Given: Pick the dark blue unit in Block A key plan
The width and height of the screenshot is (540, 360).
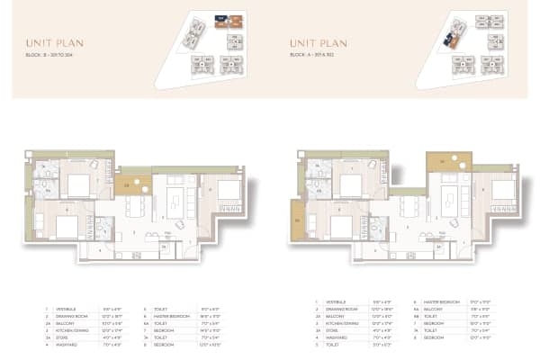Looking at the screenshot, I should click(x=451, y=38).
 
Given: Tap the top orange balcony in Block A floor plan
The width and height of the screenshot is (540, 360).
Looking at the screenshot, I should click(x=449, y=162).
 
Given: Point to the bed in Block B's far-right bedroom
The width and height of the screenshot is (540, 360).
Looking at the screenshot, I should click(x=227, y=190).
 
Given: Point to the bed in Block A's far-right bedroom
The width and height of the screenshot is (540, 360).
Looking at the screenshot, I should click(x=501, y=190).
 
